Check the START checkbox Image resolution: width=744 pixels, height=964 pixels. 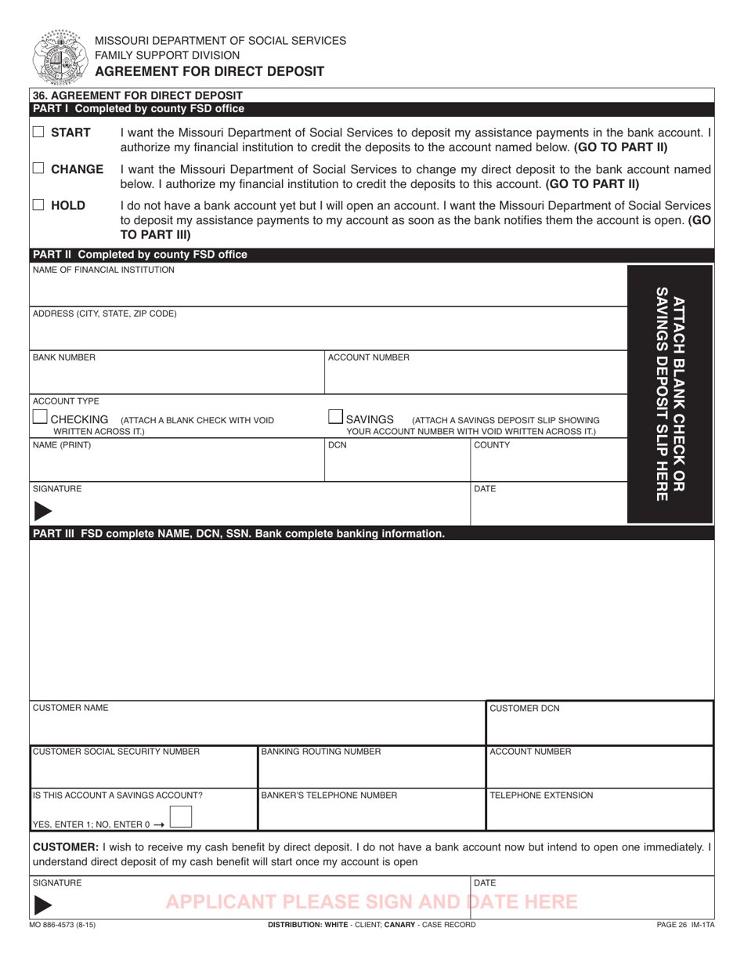(x=38, y=133)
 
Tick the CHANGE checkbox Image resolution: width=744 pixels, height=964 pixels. (x=38, y=169)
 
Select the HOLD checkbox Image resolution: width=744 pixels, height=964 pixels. (x=38, y=205)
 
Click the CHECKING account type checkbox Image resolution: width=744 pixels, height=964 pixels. (x=40, y=418)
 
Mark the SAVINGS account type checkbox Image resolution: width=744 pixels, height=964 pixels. (x=334, y=418)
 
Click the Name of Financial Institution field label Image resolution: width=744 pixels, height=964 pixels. (x=103, y=270)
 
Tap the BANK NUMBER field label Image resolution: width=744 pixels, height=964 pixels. (x=64, y=357)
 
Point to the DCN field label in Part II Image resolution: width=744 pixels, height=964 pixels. (x=337, y=445)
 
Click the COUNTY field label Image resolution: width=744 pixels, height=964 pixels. (x=492, y=445)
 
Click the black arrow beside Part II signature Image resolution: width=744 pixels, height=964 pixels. (x=44, y=511)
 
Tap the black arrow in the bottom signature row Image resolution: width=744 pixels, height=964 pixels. (x=44, y=904)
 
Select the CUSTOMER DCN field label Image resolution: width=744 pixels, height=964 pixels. (x=524, y=709)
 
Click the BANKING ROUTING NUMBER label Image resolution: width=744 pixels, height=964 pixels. (x=321, y=752)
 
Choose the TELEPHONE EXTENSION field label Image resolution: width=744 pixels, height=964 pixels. (x=541, y=795)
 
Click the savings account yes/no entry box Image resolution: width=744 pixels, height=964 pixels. (x=181, y=817)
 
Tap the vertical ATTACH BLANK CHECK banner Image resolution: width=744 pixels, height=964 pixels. (x=670, y=393)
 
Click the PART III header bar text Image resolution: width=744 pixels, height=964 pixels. (x=237, y=534)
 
